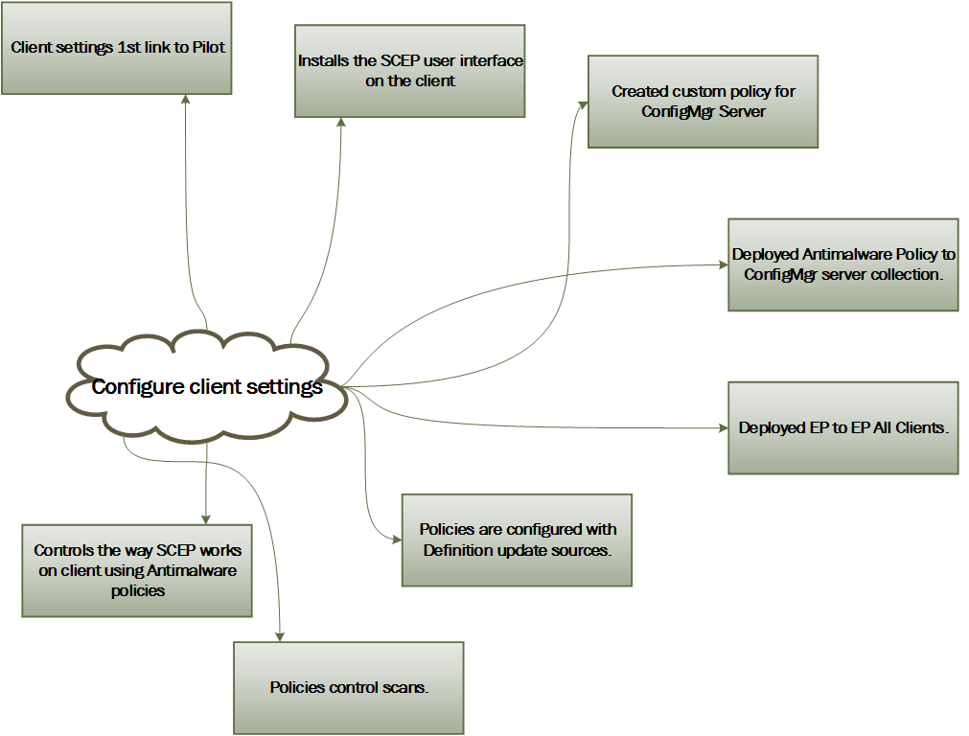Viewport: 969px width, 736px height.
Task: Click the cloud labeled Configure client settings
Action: [x=207, y=387]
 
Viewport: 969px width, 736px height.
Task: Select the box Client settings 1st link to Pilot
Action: [x=116, y=48]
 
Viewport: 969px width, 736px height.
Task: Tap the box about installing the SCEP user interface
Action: [x=409, y=71]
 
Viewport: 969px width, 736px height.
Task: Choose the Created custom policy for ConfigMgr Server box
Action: [x=703, y=101]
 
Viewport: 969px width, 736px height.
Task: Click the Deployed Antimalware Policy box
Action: [x=842, y=264]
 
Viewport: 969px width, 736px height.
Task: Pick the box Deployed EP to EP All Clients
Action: [x=842, y=427]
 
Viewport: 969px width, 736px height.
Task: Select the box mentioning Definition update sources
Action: [x=517, y=540]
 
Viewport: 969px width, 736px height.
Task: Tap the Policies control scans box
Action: [x=348, y=687]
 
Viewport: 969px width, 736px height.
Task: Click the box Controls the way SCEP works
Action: [x=137, y=570]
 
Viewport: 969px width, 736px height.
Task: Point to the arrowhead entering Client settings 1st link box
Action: [x=185, y=100]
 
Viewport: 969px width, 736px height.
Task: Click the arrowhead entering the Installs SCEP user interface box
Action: [x=340, y=124]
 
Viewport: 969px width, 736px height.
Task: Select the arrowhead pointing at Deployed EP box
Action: [x=722, y=427]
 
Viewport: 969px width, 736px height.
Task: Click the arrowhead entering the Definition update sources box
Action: [x=396, y=540]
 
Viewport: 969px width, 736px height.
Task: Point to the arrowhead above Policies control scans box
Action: [x=281, y=635]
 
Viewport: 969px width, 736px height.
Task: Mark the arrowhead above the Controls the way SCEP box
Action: [x=206, y=517]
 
